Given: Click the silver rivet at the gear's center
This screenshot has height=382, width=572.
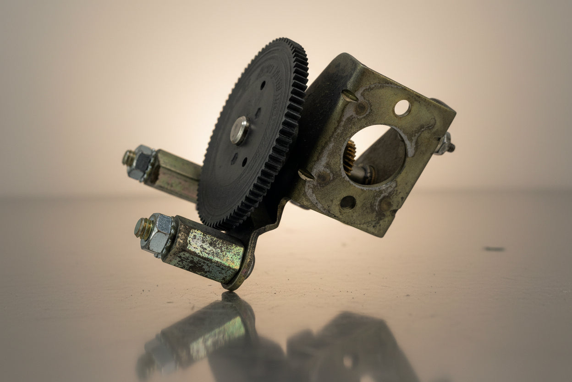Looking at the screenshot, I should (240, 130).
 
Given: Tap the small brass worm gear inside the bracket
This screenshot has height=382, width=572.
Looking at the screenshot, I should (350, 156).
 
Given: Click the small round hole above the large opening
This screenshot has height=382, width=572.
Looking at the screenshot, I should (402, 108).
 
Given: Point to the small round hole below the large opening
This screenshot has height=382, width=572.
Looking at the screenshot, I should (347, 202).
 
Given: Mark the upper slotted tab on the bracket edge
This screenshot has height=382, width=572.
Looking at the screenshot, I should (350, 95).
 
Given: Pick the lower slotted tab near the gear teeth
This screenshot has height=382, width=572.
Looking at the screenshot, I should (306, 174).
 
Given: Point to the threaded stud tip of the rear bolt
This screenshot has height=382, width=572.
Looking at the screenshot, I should (128, 157).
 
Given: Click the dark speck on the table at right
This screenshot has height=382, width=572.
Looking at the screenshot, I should (494, 249).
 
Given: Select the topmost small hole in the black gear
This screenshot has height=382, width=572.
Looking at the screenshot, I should (263, 85).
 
